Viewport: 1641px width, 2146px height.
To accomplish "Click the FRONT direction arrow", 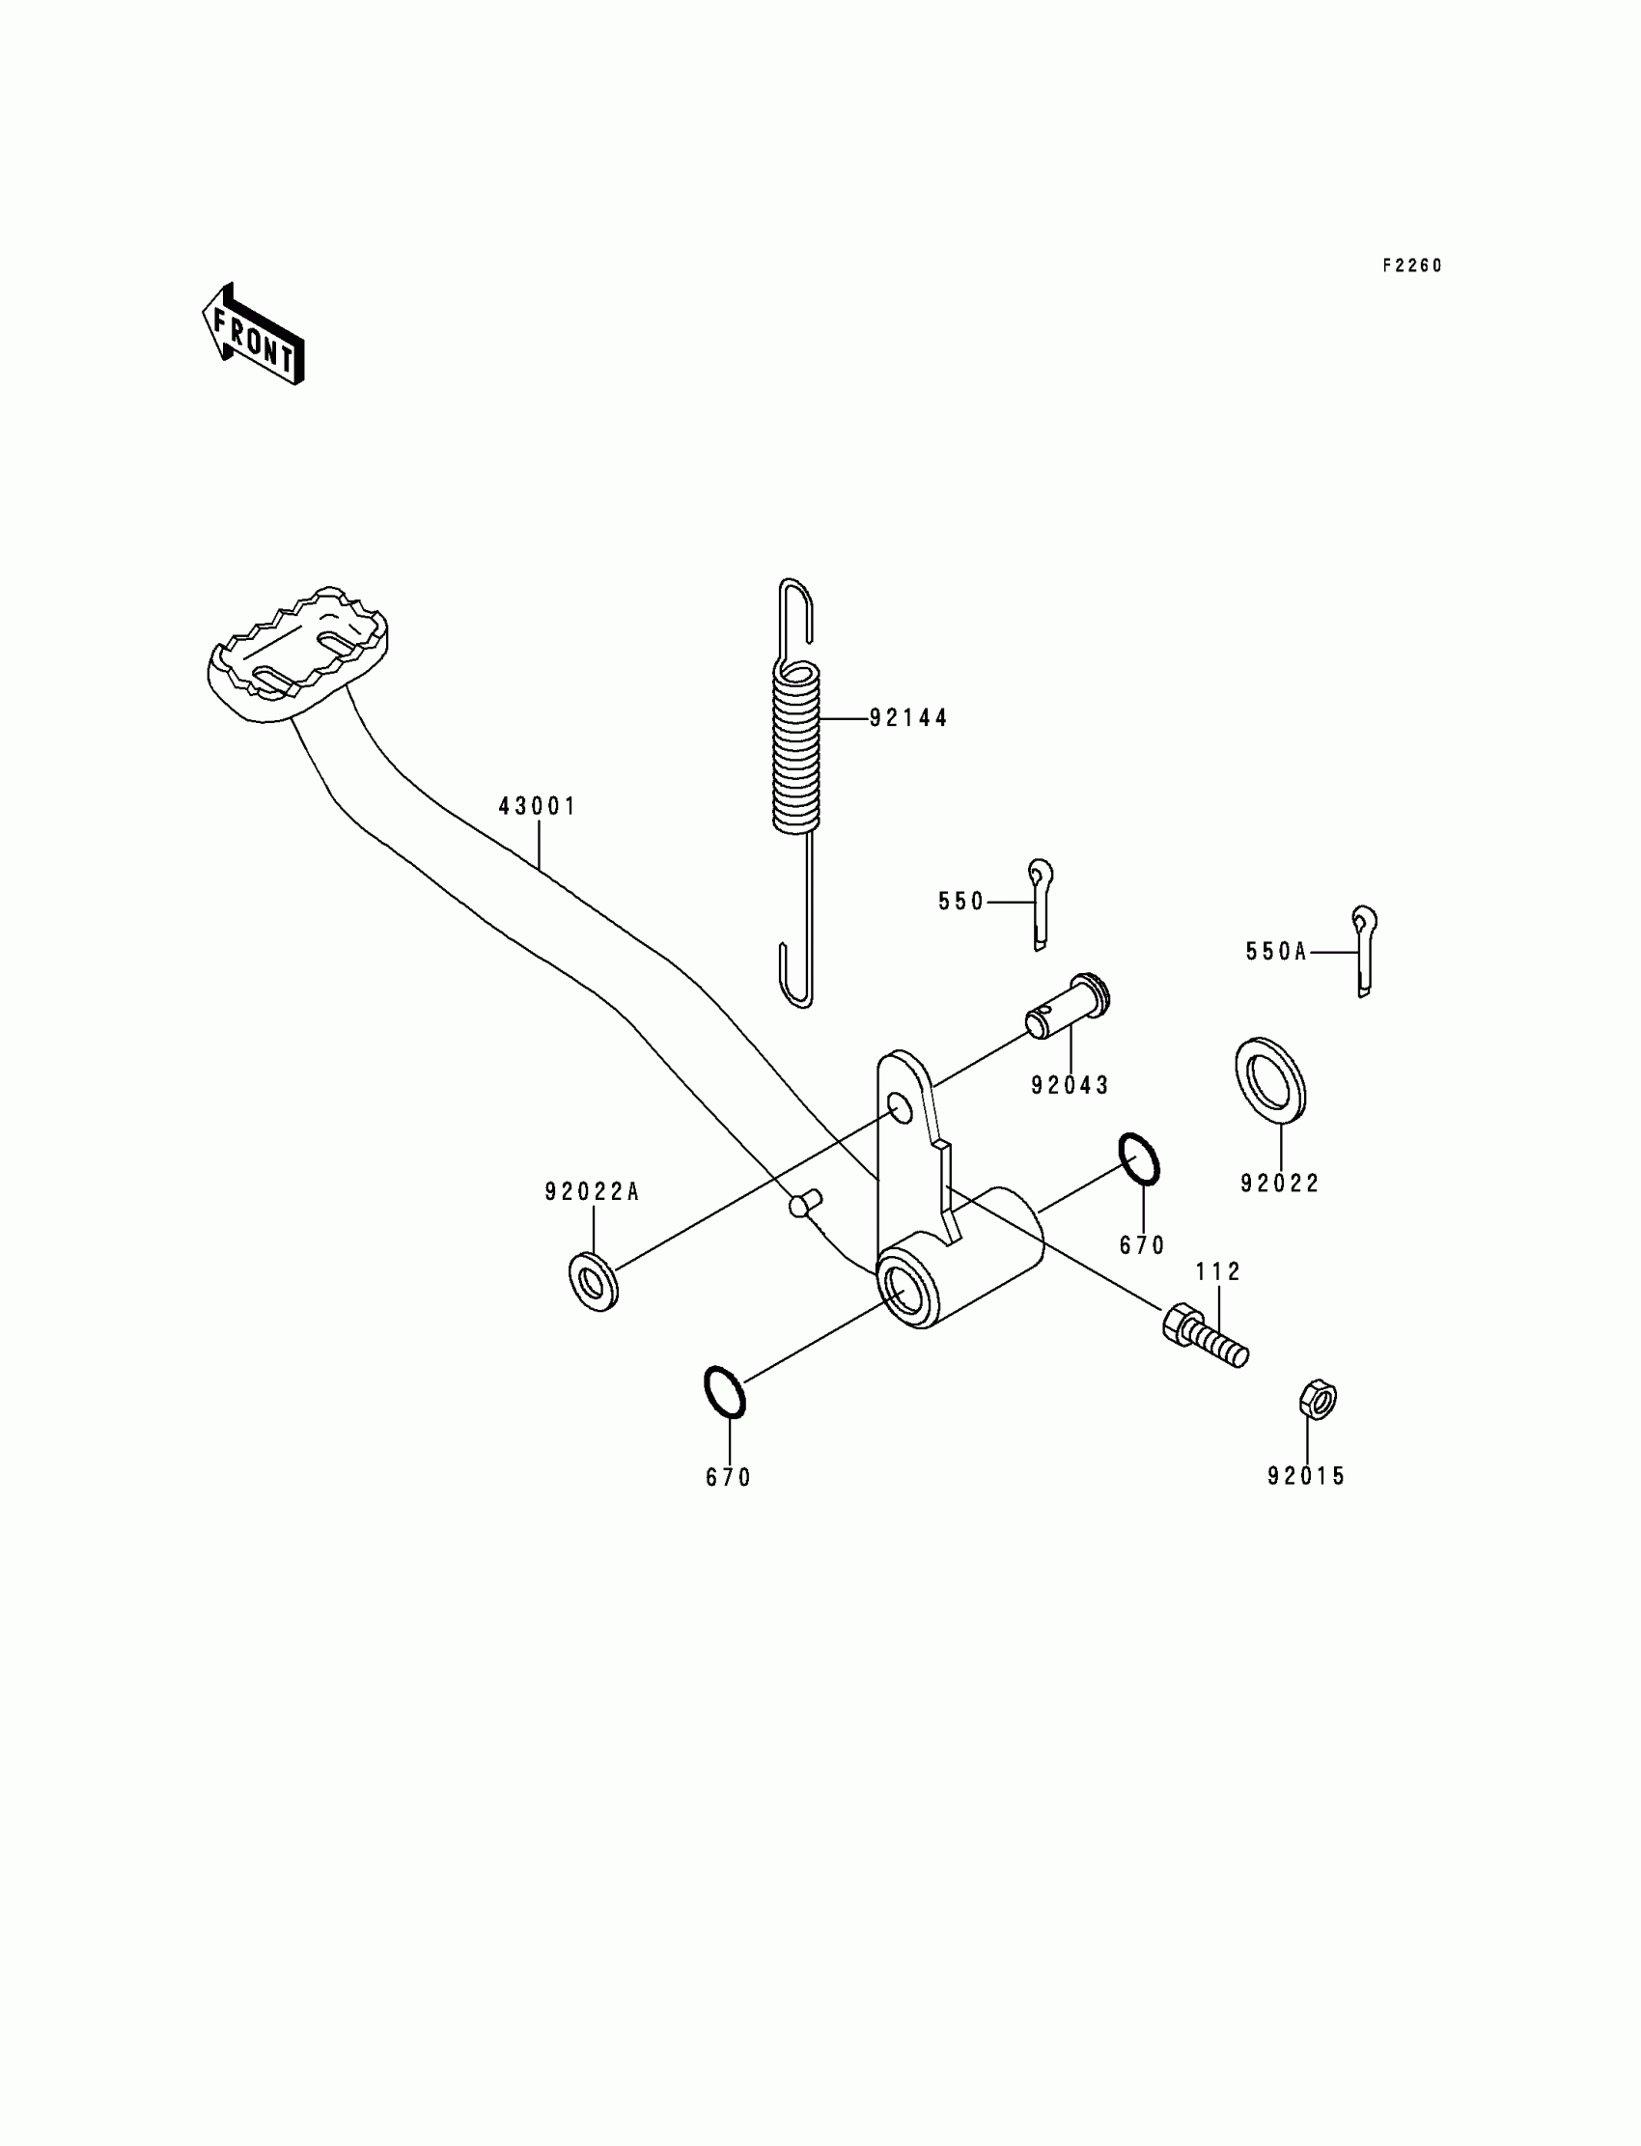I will (253, 334).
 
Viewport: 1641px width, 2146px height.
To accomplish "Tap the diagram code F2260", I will (1411, 265).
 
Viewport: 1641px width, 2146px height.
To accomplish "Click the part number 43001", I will (538, 807).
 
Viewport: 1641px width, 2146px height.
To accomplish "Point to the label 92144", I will (908, 718).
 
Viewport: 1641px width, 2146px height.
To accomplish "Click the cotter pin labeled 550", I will (1041, 904).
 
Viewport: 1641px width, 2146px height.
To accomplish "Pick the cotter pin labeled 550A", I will (1364, 951).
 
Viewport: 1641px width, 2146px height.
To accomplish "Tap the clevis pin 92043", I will (1068, 1008).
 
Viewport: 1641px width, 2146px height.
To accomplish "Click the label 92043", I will (1070, 1085).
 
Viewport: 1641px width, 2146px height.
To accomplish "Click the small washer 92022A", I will (592, 1282).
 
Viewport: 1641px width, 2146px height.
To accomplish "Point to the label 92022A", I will (592, 1191).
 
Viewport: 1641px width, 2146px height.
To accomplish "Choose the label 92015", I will (1306, 1477).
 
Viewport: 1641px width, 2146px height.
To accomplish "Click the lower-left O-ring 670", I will (725, 1392).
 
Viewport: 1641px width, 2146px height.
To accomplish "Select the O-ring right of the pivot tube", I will (1139, 1159).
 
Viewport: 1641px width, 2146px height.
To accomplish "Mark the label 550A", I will (1276, 952).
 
